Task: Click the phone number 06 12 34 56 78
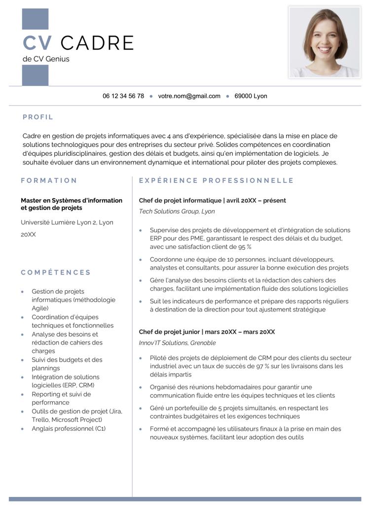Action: point(123,96)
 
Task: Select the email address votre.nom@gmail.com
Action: point(189,96)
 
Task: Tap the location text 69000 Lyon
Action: point(251,96)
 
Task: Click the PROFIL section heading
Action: point(38,117)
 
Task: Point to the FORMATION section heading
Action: point(49,180)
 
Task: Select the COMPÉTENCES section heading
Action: point(56,272)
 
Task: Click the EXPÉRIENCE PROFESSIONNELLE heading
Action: point(216,180)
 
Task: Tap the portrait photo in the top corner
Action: point(325,42)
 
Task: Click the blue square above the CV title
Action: point(36,19)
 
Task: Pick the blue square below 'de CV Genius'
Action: point(36,75)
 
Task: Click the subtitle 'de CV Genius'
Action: point(46,59)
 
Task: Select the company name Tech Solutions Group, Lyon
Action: point(177,211)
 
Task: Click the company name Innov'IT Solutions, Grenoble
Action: point(177,343)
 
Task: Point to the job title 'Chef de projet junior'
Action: point(169,332)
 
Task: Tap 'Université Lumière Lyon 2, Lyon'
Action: point(67,222)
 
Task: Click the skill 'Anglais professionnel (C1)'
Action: point(69,428)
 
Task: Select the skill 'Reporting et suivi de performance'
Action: point(61,398)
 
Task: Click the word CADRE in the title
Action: point(97,43)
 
